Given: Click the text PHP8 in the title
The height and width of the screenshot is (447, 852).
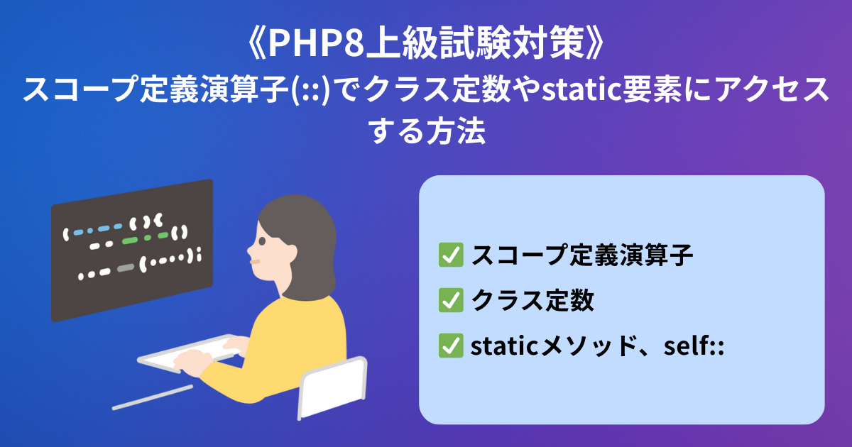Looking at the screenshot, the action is click(x=317, y=43).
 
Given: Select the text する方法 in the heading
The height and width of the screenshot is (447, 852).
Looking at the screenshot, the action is click(x=427, y=131).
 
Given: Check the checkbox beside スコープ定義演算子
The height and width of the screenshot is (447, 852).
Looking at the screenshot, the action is click(x=451, y=255).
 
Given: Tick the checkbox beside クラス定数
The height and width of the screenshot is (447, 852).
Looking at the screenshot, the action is click(x=451, y=300).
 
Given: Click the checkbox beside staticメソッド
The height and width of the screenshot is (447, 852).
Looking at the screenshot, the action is click(x=451, y=346).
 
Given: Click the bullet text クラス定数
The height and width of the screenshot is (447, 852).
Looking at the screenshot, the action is click(x=532, y=300).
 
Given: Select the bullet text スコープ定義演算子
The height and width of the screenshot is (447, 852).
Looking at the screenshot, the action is click(x=582, y=255).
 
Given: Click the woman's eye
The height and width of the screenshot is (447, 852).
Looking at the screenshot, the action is click(x=262, y=241).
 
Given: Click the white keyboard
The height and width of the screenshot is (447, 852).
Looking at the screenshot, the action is click(x=189, y=353).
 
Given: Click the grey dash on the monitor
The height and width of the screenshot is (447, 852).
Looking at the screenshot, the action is click(x=126, y=268).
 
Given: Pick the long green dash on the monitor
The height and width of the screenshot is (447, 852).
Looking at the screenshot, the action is click(x=130, y=241).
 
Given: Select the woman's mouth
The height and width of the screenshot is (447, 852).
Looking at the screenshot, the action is click(x=254, y=262).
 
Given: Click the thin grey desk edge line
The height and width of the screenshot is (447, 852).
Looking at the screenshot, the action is click(x=153, y=397).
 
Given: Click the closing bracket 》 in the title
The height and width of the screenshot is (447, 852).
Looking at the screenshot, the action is click(x=595, y=43).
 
